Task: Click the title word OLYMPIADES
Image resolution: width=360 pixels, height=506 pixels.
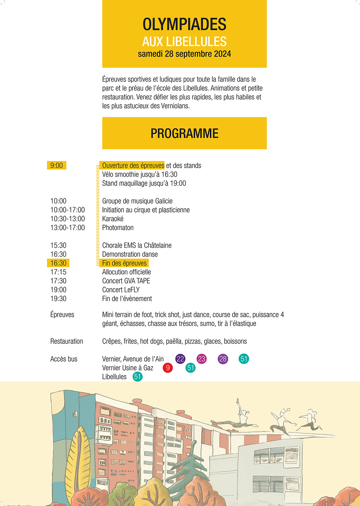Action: (x=184, y=24)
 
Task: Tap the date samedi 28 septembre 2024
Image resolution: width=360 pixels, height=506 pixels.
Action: (x=184, y=54)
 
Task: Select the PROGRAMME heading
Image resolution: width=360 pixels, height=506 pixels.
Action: (x=184, y=133)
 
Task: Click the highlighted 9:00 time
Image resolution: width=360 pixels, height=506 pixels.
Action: (x=57, y=165)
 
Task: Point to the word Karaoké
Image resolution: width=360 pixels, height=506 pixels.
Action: (x=113, y=219)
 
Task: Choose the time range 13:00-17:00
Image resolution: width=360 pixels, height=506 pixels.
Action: (x=68, y=228)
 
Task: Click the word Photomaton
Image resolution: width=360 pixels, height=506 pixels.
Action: (x=118, y=228)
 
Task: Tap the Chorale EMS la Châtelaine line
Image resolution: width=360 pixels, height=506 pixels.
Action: (x=137, y=245)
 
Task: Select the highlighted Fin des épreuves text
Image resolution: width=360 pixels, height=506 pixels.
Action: (x=124, y=263)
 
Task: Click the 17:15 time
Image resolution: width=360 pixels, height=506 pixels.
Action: (x=58, y=272)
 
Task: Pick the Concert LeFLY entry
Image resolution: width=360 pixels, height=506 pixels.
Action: (x=121, y=290)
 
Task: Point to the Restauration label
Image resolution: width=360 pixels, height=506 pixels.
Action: (x=67, y=341)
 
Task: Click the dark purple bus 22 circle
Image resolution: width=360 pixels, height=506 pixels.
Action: (x=180, y=359)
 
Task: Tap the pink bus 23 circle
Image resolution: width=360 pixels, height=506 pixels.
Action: (x=202, y=359)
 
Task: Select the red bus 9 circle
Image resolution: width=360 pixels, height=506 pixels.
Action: (x=168, y=368)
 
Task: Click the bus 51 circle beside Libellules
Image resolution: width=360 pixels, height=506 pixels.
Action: (x=138, y=377)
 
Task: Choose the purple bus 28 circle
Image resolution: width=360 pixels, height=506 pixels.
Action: (x=223, y=359)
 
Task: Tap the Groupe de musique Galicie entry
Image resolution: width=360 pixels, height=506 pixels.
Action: (x=137, y=201)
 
